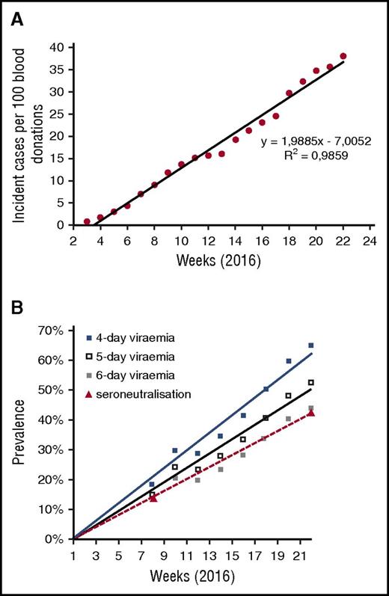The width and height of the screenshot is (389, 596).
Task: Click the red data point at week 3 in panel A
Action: pyautogui.click(x=87, y=221)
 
